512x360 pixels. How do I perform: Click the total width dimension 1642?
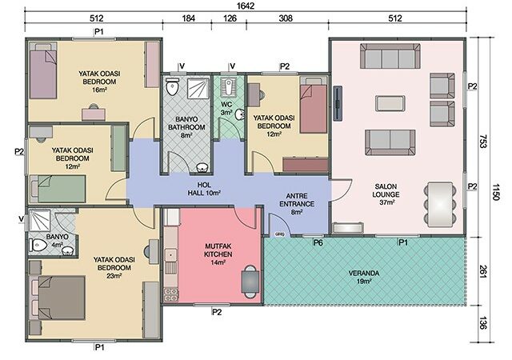click(246, 6)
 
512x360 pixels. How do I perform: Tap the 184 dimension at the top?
click(189, 18)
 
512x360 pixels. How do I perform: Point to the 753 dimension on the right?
click(483, 141)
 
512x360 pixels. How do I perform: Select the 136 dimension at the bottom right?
click(483, 323)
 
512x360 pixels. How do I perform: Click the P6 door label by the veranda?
click(318, 242)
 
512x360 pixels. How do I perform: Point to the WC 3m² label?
click(226, 109)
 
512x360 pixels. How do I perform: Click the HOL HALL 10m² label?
click(204, 189)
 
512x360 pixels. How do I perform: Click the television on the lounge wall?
click(338, 103)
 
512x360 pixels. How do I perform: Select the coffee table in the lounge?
click(390, 103)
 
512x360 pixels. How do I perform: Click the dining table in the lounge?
click(440, 204)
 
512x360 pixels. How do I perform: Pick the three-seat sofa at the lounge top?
click(390, 56)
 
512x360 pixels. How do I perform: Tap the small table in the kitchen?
click(250, 282)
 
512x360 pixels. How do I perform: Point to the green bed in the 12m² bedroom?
click(58, 189)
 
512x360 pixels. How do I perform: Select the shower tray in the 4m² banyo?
click(39, 221)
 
